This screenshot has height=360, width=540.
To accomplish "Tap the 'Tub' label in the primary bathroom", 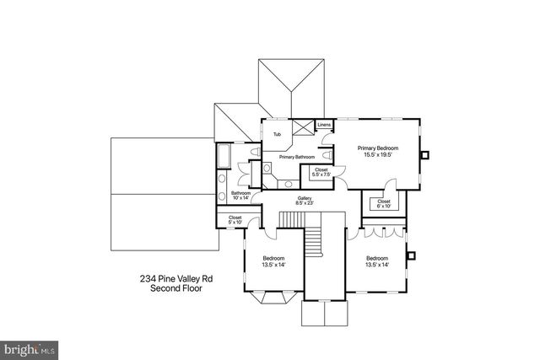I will coord(277,135).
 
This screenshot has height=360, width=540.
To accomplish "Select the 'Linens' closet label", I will coord(324,125).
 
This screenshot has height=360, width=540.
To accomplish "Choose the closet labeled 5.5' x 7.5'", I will coord(321,173).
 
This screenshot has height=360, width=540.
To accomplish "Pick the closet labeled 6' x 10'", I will coord(384,203).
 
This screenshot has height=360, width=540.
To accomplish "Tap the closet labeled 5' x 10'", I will coord(235,221).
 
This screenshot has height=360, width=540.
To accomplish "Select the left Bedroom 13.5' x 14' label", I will coord(273,261).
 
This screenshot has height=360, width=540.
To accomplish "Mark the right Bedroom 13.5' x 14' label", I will coord(377,261).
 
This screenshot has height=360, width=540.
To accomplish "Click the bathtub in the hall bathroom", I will coord(224,157).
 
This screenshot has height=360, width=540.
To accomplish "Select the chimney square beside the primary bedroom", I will coord(427,154).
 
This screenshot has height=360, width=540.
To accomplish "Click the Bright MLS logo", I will coord(30,347).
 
